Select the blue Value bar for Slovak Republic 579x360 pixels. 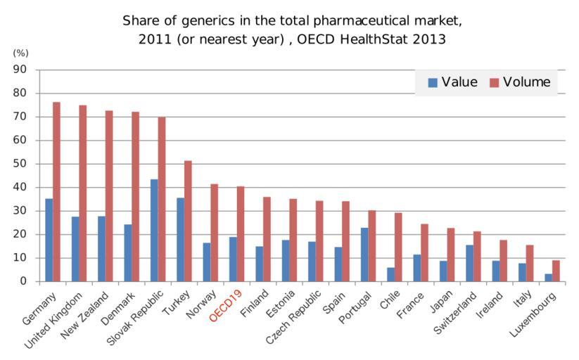pyautogui.click(x=153, y=230)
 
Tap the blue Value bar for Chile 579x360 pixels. pyautogui.click(x=390, y=274)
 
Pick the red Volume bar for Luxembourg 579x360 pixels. pyautogui.click(x=556, y=271)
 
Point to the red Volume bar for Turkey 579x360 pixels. pyautogui.click(x=188, y=221)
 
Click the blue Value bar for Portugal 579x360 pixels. pyautogui.click(x=364, y=254)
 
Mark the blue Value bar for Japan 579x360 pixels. pyautogui.click(x=443, y=271)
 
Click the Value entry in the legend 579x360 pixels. pyautogui.click(x=453, y=82)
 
